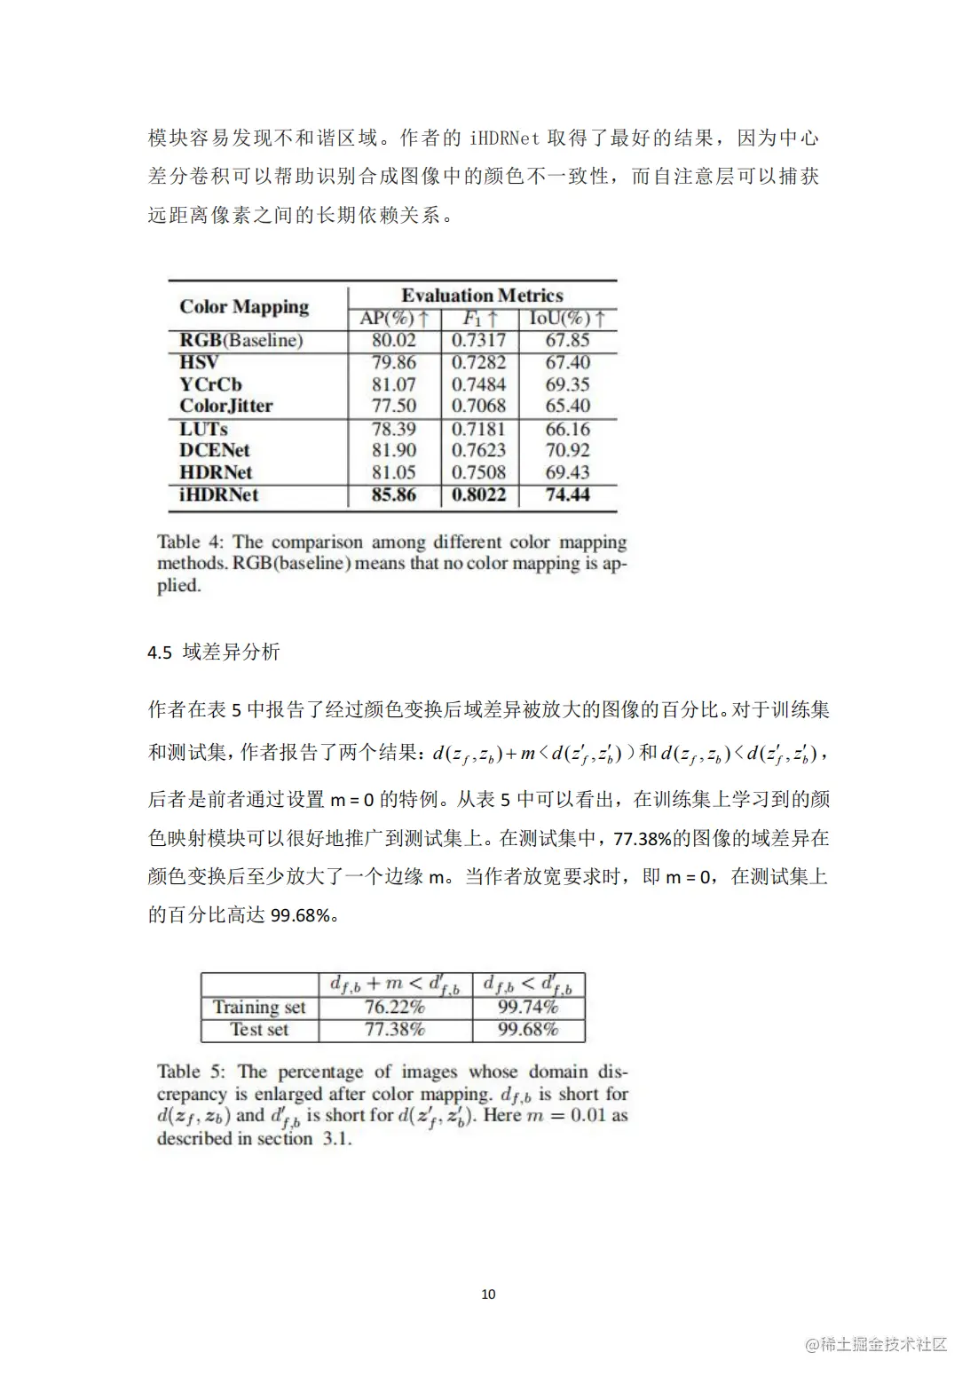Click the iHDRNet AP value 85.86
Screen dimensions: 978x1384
393,495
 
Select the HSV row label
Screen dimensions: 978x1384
199,362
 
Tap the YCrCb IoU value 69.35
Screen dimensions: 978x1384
567,384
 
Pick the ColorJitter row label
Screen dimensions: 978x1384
226,406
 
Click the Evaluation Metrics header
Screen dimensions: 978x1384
482,296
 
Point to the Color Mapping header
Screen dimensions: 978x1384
244,307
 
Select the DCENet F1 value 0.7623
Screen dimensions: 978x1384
478,450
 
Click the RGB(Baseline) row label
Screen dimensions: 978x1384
241,340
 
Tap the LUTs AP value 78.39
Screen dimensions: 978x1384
393,429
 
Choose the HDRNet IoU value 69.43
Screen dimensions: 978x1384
567,472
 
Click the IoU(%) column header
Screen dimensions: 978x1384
567,319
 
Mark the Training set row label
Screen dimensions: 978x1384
259,1008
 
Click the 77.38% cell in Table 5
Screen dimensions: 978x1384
395,1030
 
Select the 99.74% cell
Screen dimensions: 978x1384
528,1008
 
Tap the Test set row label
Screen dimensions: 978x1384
259,1030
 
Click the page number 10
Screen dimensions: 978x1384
488,1294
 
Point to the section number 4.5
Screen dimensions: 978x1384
160,652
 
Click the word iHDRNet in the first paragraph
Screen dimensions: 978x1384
504,138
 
